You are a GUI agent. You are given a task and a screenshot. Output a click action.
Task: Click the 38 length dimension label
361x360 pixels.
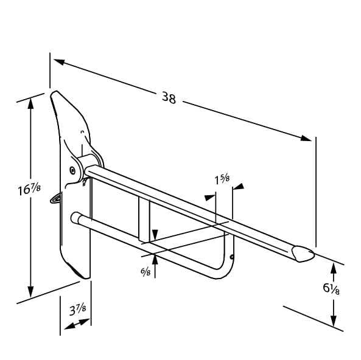169,98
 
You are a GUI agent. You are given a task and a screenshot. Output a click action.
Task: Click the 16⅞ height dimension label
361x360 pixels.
29,189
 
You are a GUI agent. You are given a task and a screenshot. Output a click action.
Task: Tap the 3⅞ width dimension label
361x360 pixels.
77,310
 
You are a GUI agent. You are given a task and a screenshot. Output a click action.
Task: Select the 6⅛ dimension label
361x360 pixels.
331,288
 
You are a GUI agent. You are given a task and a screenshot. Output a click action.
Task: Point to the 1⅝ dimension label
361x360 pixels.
222,179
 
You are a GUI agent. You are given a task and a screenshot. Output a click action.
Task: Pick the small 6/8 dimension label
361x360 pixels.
145,271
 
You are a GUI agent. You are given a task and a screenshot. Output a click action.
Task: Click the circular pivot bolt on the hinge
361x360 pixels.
73,170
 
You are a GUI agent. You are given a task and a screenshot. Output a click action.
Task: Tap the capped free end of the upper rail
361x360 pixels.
303,254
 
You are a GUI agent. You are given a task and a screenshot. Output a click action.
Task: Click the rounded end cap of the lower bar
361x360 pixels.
75,218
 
